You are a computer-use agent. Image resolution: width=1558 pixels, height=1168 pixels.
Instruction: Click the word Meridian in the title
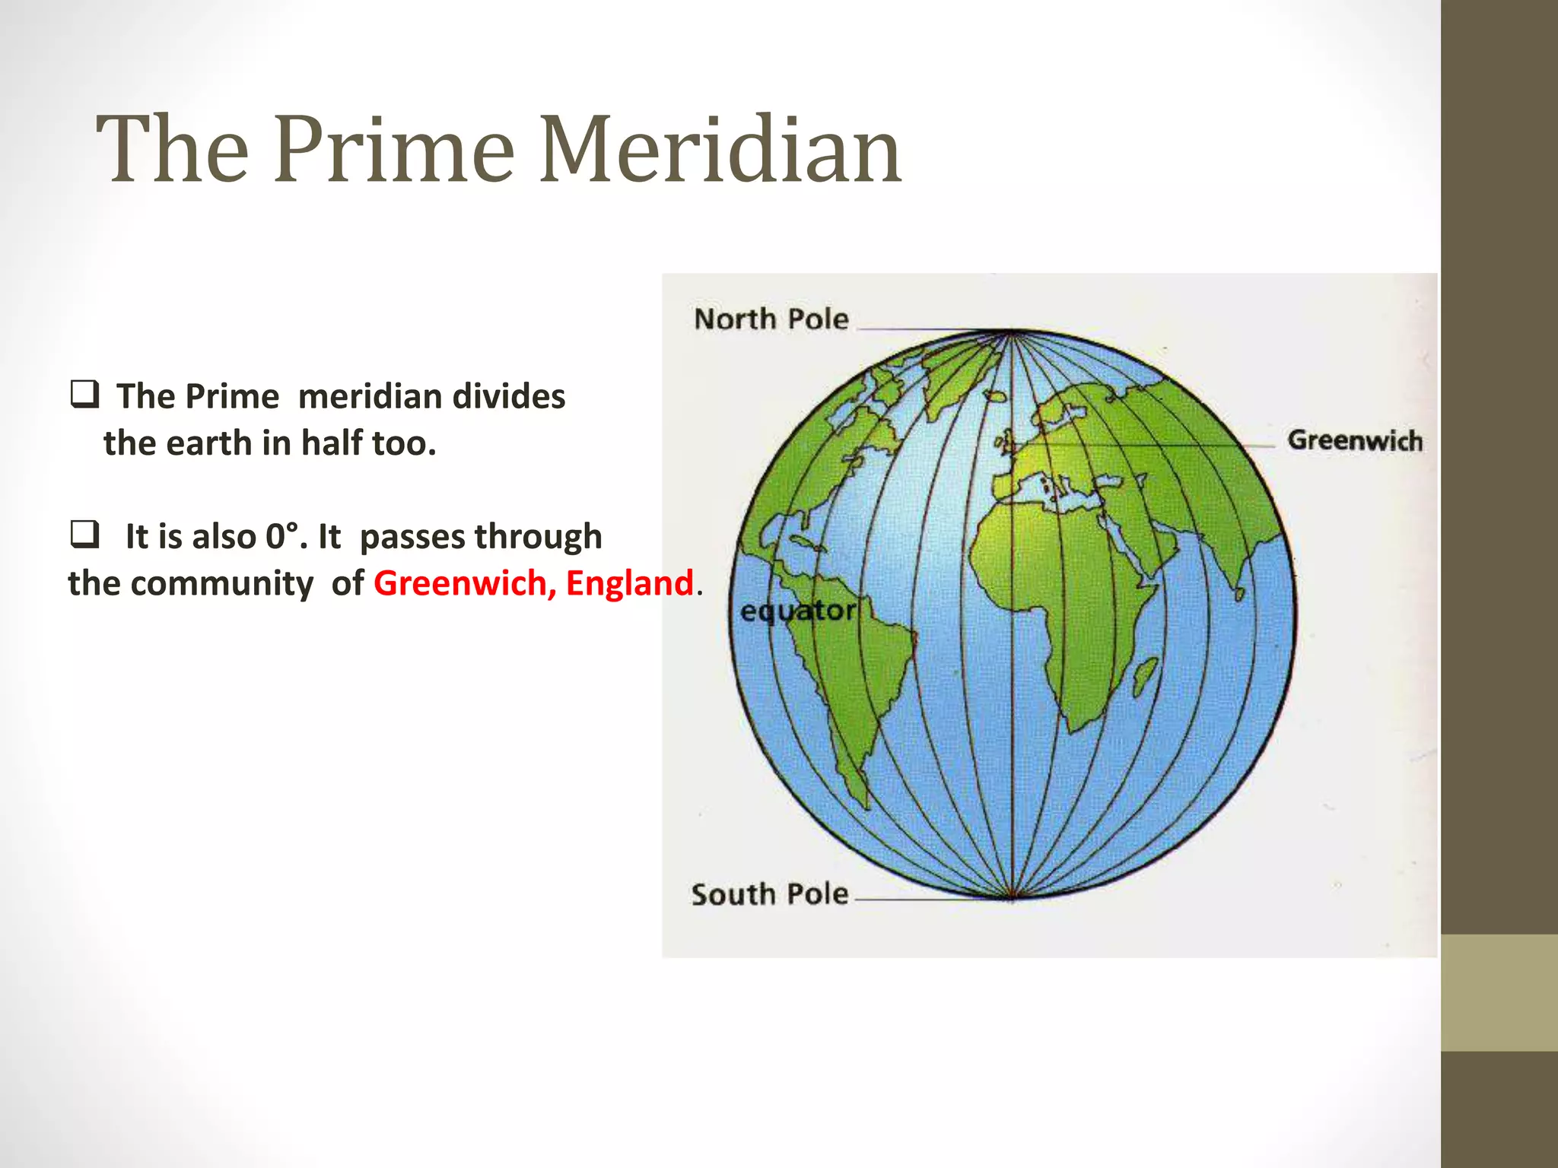coord(720,150)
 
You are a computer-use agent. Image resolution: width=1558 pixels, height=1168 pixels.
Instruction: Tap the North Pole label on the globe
coord(771,319)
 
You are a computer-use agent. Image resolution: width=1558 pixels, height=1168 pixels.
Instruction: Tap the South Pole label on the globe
coord(769,894)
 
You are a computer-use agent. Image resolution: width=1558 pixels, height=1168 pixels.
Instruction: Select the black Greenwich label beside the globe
coord(1354,441)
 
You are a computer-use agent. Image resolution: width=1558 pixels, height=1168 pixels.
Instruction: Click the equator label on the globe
coord(797,611)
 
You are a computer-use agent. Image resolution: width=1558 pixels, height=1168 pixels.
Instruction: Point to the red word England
coord(629,583)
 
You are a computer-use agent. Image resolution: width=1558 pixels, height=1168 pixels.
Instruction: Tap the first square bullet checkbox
coord(84,395)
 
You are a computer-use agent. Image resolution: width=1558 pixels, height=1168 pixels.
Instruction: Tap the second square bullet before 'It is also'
coord(84,535)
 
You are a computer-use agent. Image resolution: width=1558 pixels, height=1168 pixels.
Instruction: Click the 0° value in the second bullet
coord(281,537)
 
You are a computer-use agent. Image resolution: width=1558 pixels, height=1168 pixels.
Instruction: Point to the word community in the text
coord(221,584)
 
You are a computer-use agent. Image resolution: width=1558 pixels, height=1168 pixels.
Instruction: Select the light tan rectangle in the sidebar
coord(1499,992)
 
